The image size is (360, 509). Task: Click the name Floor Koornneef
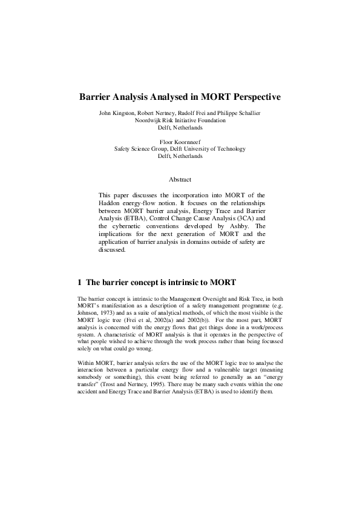coord(180,141)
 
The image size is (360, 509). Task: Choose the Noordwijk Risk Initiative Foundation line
coord(180,120)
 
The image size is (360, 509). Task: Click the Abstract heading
coord(180,179)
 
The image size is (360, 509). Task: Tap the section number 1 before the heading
coord(80,283)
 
